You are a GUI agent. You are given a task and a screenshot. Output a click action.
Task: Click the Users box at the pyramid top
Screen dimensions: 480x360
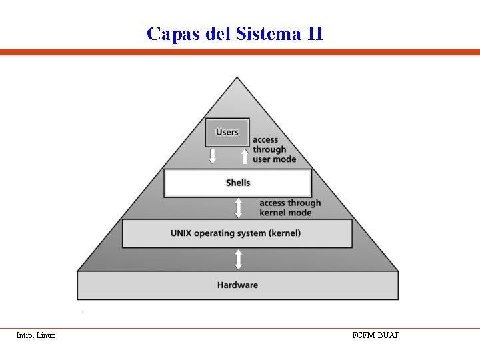227,132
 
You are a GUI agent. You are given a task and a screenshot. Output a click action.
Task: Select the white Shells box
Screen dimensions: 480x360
237,183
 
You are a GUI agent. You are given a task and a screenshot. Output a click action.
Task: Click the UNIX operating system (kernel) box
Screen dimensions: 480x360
236,233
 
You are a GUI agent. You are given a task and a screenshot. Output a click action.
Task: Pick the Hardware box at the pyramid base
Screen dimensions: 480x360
237,285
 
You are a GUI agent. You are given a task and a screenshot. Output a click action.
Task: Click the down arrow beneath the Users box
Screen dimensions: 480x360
213,156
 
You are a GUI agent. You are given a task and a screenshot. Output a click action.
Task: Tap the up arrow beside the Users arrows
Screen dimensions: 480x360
245,156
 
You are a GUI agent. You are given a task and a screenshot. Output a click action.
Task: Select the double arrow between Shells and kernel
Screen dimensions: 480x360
238,207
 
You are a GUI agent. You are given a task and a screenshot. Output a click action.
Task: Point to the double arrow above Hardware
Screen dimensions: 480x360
238,259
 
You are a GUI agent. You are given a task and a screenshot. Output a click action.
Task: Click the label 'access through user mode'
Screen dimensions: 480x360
274,150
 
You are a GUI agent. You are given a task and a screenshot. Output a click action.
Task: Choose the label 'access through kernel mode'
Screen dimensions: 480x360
289,207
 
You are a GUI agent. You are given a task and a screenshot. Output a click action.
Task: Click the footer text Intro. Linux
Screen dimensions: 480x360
35,335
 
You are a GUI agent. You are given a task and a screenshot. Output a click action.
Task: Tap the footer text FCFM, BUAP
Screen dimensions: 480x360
376,335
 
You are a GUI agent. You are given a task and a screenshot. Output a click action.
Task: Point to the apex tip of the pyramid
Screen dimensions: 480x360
237,79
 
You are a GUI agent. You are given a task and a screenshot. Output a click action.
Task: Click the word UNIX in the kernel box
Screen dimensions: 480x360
182,233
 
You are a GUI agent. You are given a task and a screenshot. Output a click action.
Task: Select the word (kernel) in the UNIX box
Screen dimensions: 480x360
285,233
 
